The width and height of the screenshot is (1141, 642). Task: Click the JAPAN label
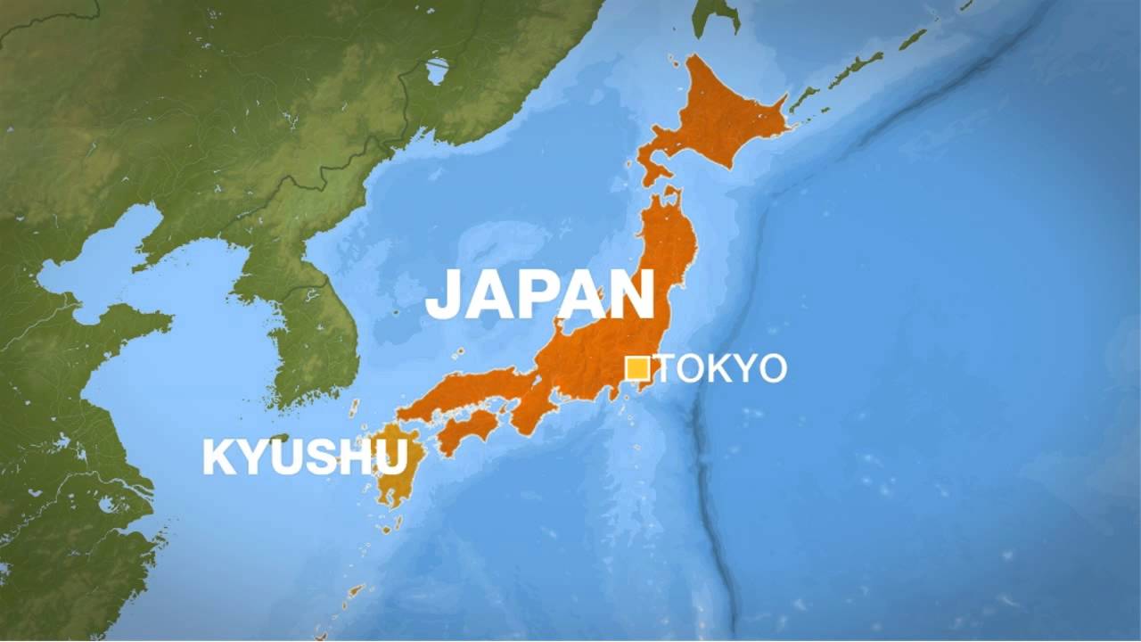click(x=540, y=295)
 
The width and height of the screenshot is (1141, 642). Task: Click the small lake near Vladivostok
click(x=437, y=70)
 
